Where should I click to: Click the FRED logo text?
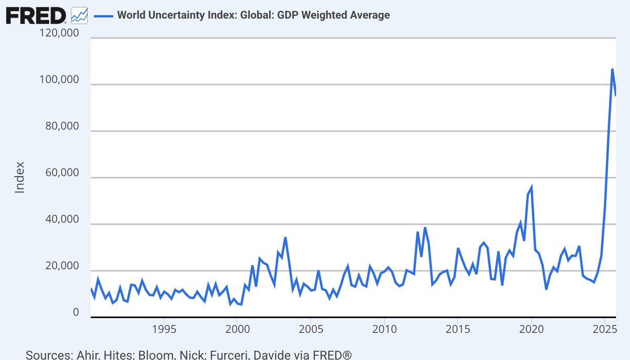pyautogui.click(x=36, y=15)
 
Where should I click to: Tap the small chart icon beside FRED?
pyautogui.click(x=79, y=15)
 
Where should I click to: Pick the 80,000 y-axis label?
pyautogui.click(x=59, y=127)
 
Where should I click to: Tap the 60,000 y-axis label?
pyautogui.click(x=59, y=173)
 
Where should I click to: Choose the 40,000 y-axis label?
pyautogui.click(x=59, y=220)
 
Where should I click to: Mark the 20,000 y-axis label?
pyautogui.click(x=59, y=267)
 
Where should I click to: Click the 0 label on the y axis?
pyautogui.click(x=76, y=313)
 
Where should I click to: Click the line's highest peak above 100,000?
pyautogui.click(x=612, y=69)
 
